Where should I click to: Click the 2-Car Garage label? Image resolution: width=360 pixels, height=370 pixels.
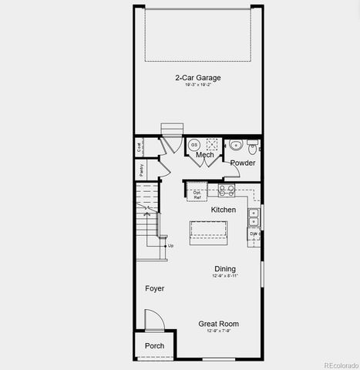[197, 78]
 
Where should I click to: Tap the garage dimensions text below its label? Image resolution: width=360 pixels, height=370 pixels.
[197, 85]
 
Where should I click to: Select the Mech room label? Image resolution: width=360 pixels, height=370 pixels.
[204, 156]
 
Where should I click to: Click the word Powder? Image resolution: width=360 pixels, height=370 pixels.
[243, 163]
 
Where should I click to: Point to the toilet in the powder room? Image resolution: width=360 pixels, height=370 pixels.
[254, 145]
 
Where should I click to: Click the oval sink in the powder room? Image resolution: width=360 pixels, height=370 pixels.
[237, 146]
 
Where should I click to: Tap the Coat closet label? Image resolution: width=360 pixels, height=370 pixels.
[140, 146]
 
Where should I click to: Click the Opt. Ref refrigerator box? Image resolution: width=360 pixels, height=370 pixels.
[198, 194]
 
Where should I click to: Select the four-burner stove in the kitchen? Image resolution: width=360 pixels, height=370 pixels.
[227, 189]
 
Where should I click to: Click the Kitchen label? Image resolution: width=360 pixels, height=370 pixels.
[224, 210]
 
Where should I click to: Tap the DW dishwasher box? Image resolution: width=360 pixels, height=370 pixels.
[254, 232]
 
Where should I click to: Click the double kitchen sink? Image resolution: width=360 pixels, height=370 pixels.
[254, 217]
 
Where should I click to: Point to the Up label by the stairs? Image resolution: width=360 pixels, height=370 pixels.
[170, 246]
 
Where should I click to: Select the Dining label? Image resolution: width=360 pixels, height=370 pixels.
[225, 268]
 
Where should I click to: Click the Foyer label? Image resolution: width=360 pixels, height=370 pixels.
[154, 288]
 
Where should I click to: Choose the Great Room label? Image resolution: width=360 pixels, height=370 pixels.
[218, 324]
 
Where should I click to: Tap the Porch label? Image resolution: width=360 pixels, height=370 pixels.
[154, 346]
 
